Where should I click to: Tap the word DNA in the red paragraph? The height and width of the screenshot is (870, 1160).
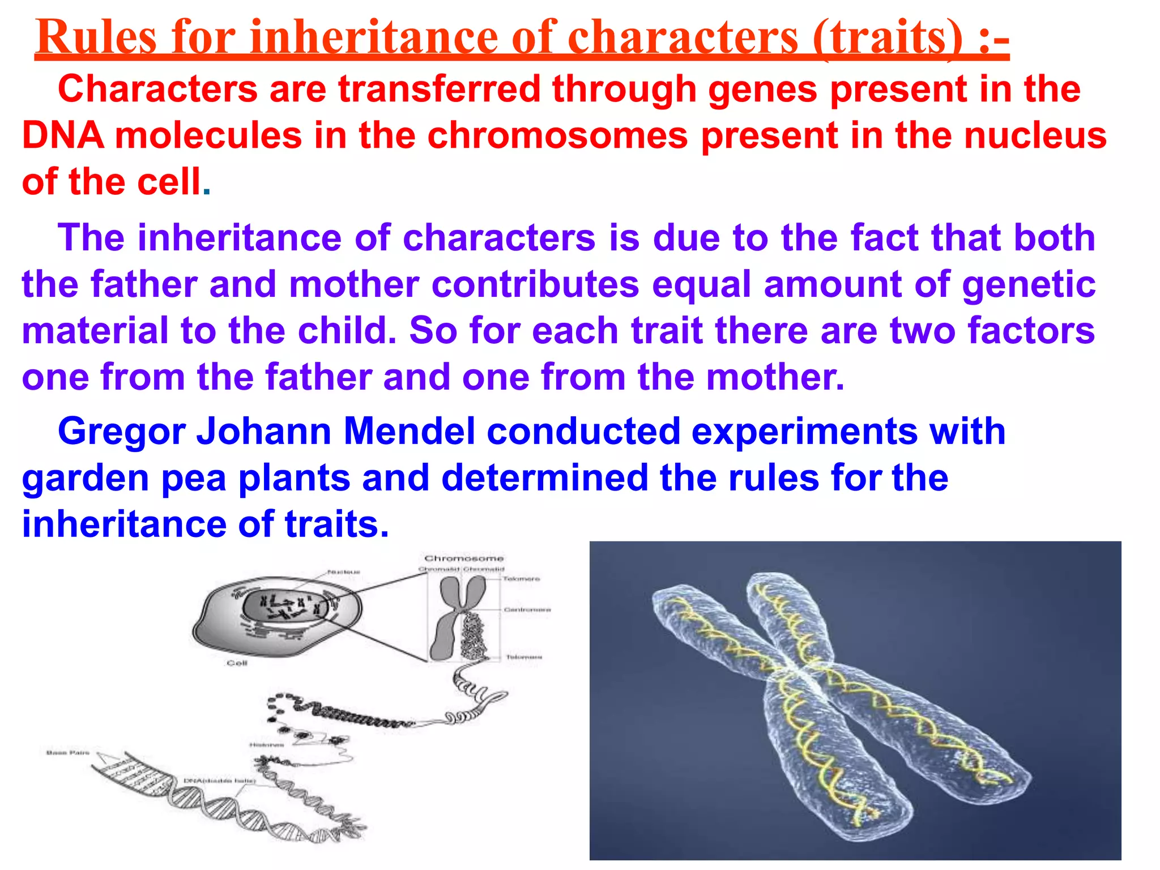point(63,136)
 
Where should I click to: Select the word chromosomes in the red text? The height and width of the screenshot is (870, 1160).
point(557,136)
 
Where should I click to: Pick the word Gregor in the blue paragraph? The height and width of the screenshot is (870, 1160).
point(122,432)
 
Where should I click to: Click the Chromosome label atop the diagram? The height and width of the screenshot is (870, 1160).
point(464,558)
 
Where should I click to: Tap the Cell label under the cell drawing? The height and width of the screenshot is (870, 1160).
point(237,663)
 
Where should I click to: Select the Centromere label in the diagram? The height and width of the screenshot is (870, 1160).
point(527,610)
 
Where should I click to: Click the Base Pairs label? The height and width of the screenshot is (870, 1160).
point(67,753)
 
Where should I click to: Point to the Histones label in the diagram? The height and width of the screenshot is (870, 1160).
point(266,745)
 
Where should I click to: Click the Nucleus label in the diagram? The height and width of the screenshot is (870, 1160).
point(343,572)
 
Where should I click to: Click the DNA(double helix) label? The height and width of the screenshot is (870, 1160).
point(220,781)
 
